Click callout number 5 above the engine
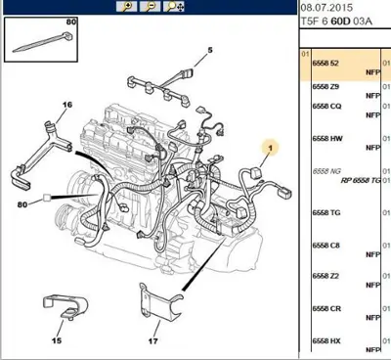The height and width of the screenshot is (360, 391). point(208,50)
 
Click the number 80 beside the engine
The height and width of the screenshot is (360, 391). point(23,204)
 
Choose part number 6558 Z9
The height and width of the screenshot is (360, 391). point(326,86)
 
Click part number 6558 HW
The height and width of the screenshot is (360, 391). point(327,138)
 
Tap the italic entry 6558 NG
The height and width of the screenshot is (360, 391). point(327,170)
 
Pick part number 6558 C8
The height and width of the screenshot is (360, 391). point(326,246)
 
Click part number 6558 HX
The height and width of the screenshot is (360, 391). point(327,340)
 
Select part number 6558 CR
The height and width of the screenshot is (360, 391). point(327,308)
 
